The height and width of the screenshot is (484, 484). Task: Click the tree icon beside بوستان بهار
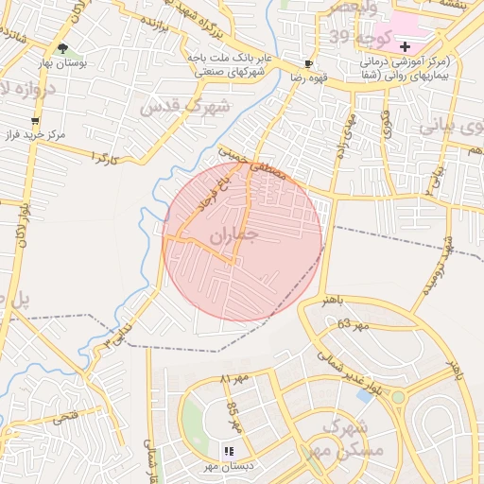[x=62, y=47]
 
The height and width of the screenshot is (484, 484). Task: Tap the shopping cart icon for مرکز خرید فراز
[x=36, y=121]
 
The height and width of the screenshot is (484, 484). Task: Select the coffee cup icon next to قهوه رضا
[x=308, y=63]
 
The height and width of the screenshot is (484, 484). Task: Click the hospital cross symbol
[x=406, y=46]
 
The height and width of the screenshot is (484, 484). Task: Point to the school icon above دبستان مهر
[x=228, y=451]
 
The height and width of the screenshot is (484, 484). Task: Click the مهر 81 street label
[x=233, y=379]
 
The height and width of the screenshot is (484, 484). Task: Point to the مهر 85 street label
[x=234, y=418]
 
